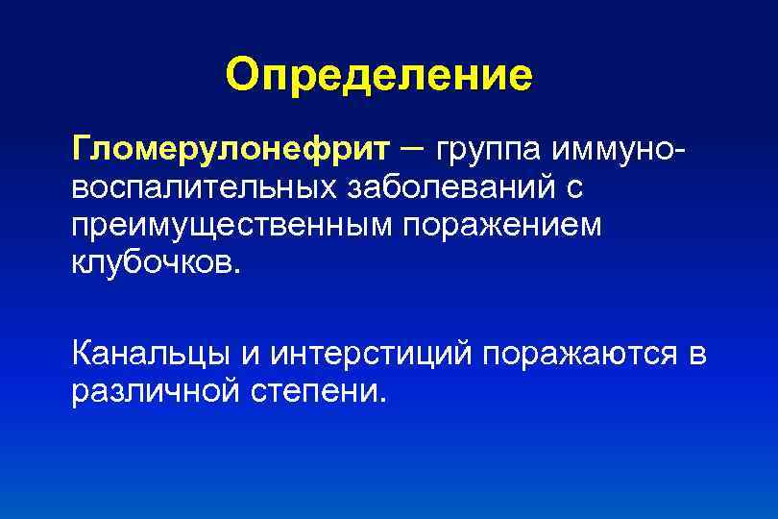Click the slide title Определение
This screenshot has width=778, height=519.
378,75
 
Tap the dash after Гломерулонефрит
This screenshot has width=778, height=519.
412,147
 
